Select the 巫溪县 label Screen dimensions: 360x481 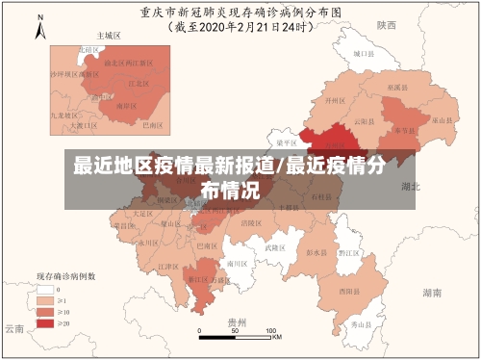click(394, 86)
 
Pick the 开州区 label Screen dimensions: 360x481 click(334, 99)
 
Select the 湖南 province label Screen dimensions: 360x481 click(433, 290)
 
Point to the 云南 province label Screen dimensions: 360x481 click(14, 329)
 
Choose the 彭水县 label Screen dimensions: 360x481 click(315, 253)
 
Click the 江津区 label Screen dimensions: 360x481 click(167, 266)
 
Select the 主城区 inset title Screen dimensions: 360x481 click(110, 35)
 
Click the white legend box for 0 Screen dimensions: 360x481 click(44, 290)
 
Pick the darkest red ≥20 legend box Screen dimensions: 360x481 click(44, 324)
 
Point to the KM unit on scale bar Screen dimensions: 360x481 click(276, 337)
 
